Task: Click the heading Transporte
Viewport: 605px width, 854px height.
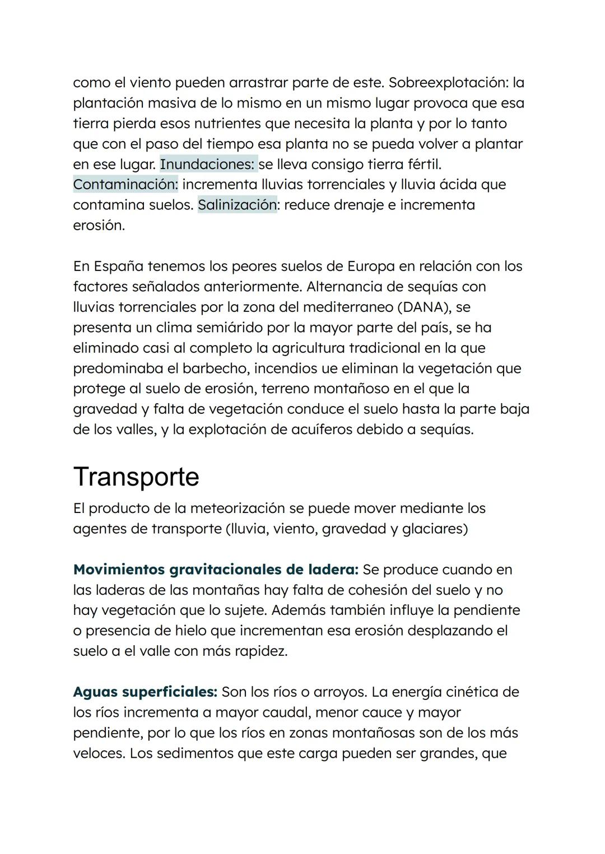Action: [136, 477]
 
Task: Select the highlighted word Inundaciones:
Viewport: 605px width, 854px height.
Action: [208, 165]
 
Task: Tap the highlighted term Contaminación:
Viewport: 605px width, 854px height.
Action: [125, 185]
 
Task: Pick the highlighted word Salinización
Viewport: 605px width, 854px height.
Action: [238, 205]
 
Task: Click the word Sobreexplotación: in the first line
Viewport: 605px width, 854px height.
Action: [448, 83]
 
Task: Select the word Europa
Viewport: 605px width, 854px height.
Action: [371, 267]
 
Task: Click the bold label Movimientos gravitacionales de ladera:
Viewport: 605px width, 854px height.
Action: [216, 570]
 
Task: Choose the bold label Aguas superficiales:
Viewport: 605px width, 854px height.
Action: [145, 692]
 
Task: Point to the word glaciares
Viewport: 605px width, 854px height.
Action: [435, 529]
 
